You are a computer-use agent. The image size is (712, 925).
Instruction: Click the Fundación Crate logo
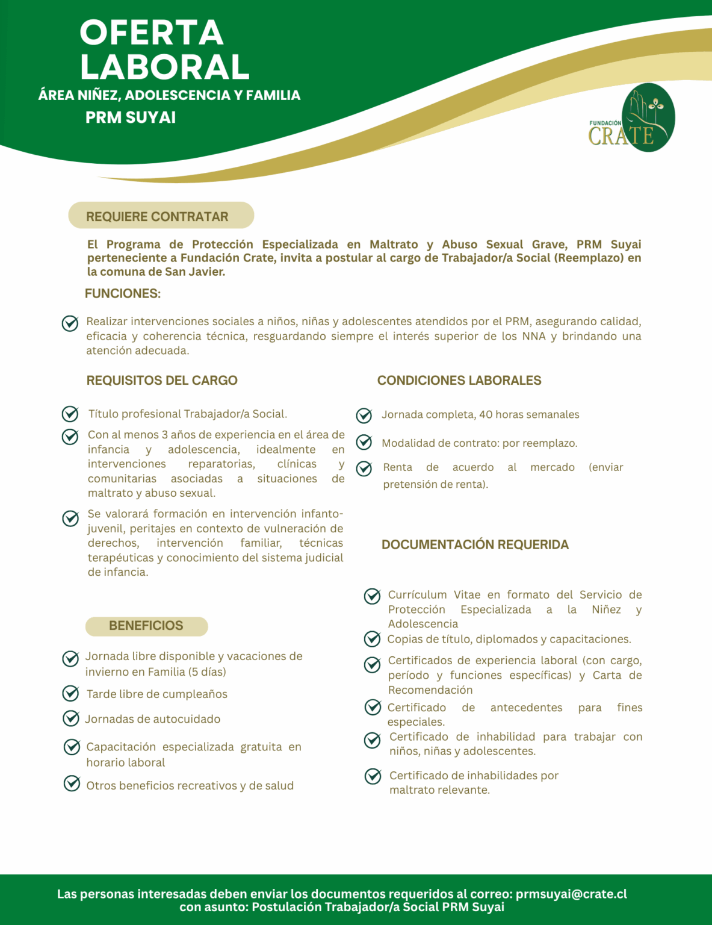pyautogui.click(x=631, y=118)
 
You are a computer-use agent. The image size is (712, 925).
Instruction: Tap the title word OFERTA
pyautogui.click(x=152, y=33)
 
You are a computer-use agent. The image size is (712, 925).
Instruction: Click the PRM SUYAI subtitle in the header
pyautogui.click(x=131, y=117)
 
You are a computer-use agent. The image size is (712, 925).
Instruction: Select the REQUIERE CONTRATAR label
pyautogui.click(x=157, y=217)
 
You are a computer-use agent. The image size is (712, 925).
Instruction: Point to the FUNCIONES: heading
pyautogui.click(x=123, y=294)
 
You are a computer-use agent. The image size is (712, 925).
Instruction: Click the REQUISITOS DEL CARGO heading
pyautogui.click(x=162, y=381)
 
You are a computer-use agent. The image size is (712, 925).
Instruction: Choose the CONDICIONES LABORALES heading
pyautogui.click(x=459, y=381)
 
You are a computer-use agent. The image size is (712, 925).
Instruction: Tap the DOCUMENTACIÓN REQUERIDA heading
pyautogui.click(x=475, y=544)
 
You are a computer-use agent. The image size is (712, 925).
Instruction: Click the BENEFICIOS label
pyautogui.click(x=146, y=626)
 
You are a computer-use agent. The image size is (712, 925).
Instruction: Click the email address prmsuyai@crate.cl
pyautogui.click(x=571, y=894)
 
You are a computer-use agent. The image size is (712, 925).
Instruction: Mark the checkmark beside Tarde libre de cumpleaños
pyautogui.click(x=71, y=694)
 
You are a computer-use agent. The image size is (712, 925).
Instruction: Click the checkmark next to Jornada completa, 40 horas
pyautogui.click(x=364, y=415)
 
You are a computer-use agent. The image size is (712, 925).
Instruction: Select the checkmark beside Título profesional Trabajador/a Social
pyautogui.click(x=70, y=414)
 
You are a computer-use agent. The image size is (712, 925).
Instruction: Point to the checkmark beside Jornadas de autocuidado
pyautogui.click(x=71, y=718)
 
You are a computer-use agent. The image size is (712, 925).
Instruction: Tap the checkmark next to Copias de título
pyautogui.click(x=373, y=639)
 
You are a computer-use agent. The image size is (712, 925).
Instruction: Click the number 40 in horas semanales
pyautogui.click(x=485, y=415)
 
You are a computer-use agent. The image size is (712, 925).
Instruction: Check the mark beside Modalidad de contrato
pyautogui.click(x=364, y=443)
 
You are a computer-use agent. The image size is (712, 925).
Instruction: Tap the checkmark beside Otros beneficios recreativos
pyautogui.click(x=72, y=783)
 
